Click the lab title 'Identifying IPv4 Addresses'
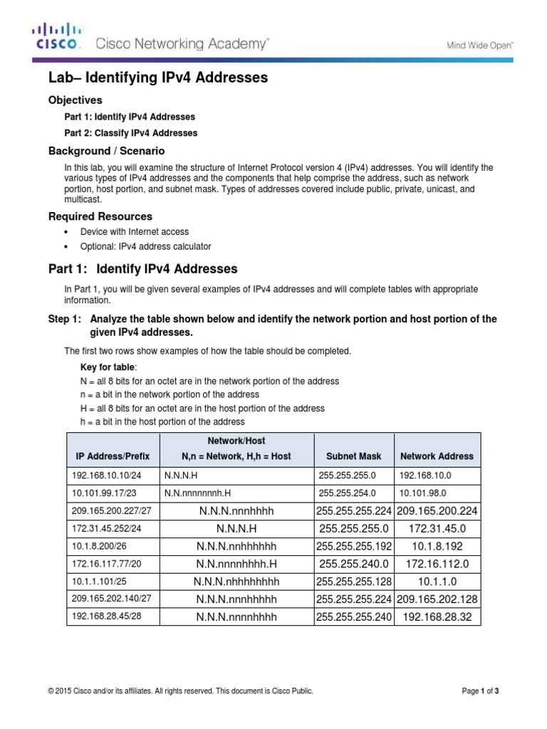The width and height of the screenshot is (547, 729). click(x=158, y=78)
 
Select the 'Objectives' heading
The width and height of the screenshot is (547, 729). click(x=75, y=100)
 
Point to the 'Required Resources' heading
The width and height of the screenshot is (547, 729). click(x=100, y=216)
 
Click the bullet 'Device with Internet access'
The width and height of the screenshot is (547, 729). click(x=135, y=232)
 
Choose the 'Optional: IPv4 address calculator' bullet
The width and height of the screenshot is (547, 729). click(x=145, y=247)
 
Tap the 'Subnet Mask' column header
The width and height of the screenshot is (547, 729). click(x=353, y=456)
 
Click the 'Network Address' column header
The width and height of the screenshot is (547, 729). click(x=437, y=456)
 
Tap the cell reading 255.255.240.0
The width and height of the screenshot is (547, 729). click(x=354, y=564)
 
